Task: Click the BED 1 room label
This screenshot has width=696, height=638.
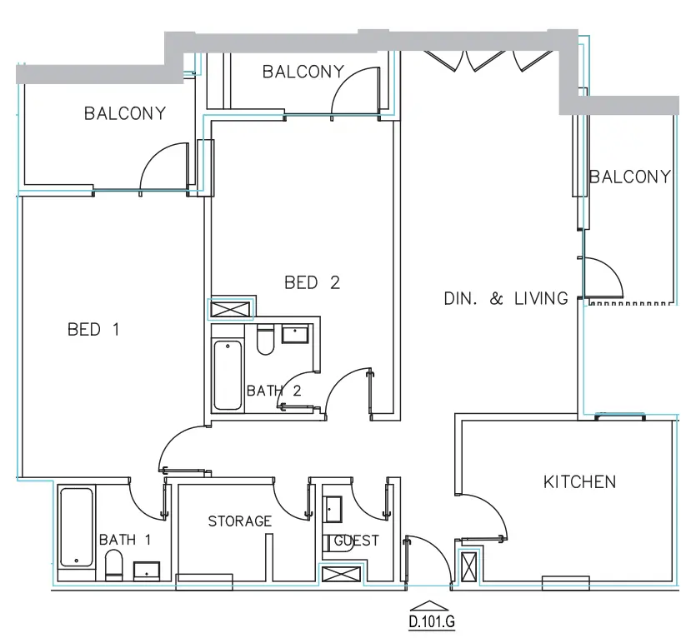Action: (x=93, y=330)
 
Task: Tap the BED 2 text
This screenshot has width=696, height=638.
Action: (x=312, y=283)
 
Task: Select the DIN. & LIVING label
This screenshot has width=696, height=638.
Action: (x=506, y=298)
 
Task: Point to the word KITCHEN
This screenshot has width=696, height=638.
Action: (x=579, y=482)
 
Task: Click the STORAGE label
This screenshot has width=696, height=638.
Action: (x=239, y=521)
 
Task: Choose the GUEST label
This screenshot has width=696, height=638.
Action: (x=357, y=541)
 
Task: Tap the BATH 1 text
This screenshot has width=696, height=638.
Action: (x=125, y=540)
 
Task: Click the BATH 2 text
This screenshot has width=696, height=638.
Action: (x=273, y=391)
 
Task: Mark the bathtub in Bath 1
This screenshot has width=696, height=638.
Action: (x=77, y=527)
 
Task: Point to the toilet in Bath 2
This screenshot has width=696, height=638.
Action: (x=265, y=341)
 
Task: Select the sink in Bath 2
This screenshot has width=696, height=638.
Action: (x=296, y=335)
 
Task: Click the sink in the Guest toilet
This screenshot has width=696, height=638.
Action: (x=333, y=507)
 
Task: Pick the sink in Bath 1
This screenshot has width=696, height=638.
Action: (x=148, y=571)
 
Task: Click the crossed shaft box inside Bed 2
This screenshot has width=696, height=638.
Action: (x=230, y=309)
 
